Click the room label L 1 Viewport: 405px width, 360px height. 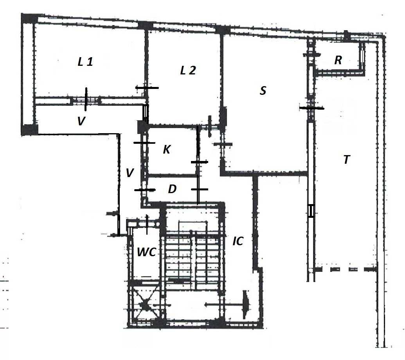click(x=85, y=62)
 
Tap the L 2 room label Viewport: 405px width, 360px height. click(x=188, y=71)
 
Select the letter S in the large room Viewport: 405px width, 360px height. click(x=263, y=91)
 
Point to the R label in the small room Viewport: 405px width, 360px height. click(x=338, y=60)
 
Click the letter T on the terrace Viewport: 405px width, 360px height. click(x=346, y=159)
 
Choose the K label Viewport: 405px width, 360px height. click(x=167, y=150)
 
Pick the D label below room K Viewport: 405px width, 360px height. click(x=172, y=189)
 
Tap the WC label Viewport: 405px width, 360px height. click(x=146, y=252)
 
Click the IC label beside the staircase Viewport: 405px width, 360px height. click(x=238, y=241)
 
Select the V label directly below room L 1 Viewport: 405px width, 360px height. click(x=81, y=121)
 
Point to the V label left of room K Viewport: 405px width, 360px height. click(x=130, y=172)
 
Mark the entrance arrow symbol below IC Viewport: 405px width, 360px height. click(x=227, y=304)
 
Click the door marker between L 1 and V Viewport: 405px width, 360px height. click(x=86, y=99)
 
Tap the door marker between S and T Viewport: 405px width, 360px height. click(x=311, y=108)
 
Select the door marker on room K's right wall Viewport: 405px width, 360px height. click(x=199, y=162)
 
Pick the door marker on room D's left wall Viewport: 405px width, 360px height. click(x=145, y=190)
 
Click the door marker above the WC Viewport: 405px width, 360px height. click(x=147, y=224)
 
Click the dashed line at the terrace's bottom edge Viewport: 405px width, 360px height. click(x=346, y=270)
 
